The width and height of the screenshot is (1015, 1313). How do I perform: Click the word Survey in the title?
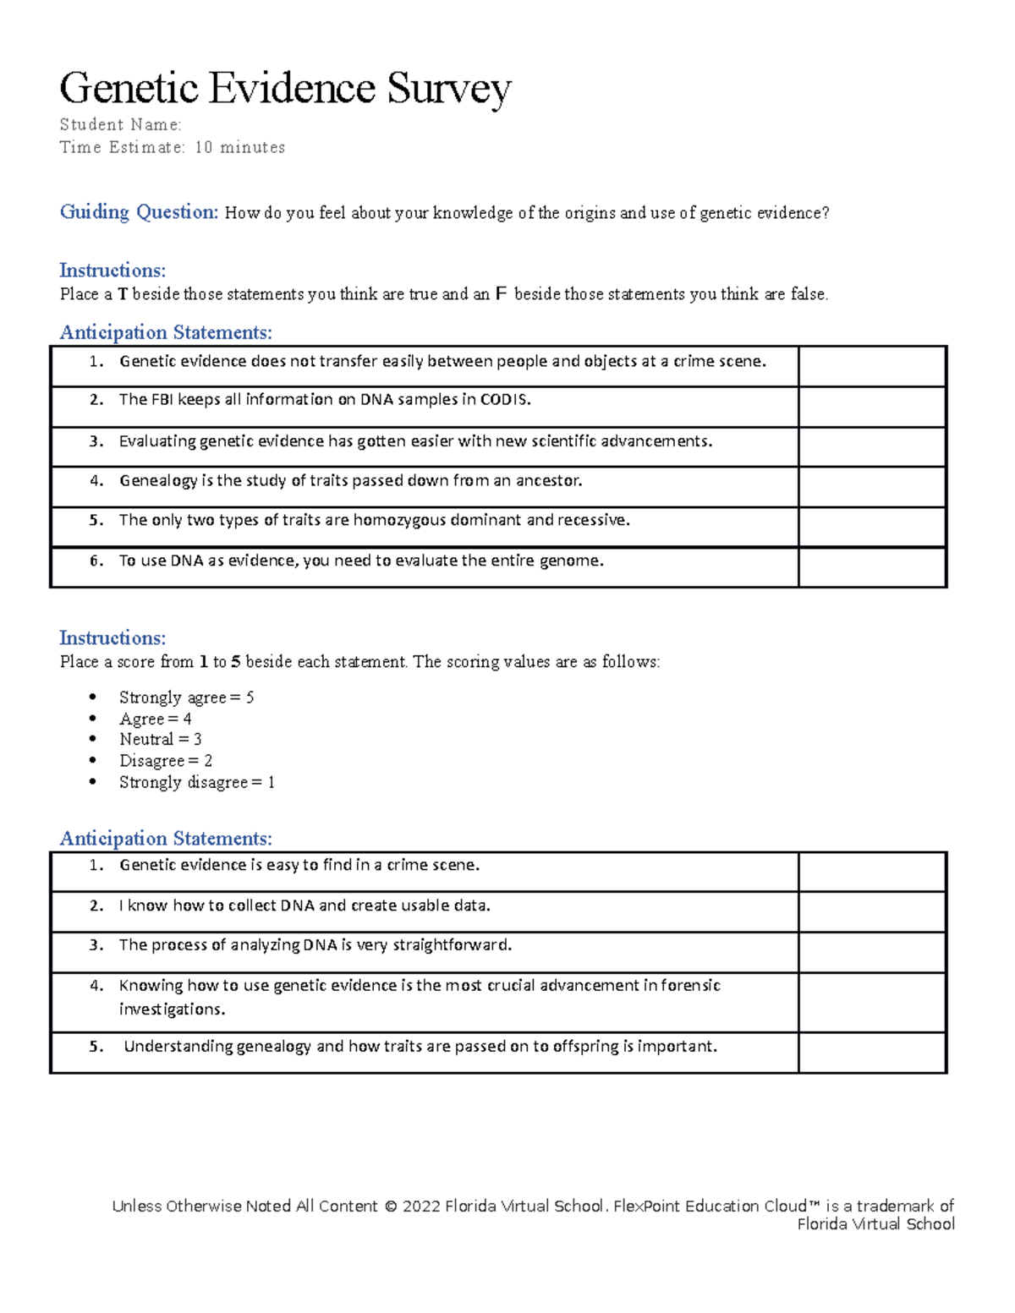tap(449, 89)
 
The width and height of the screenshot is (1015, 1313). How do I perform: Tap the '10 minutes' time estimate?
tap(240, 148)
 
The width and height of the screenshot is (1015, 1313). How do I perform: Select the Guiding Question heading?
tap(139, 212)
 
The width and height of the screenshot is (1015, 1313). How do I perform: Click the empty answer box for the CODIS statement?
tap(871, 407)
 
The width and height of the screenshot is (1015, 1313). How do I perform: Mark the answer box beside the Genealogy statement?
tap(871, 487)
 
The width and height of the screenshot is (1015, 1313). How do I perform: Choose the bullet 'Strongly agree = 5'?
tap(186, 698)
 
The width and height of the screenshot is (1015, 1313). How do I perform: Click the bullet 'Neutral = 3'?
tap(160, 740)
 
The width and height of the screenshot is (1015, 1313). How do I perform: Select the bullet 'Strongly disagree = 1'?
tap(196, 783)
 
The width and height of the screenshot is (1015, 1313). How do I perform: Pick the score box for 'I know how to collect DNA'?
tap(871, 912)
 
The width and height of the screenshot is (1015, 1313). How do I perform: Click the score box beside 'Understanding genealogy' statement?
tap(871, 1053)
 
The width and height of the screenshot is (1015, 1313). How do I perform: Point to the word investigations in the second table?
tap(172, 1009)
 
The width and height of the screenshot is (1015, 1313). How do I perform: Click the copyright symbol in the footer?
tap(390, 1206)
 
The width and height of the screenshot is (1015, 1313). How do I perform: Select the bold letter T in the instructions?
tap(123, 294)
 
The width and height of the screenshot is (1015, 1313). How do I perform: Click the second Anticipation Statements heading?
tap(166, 839)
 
